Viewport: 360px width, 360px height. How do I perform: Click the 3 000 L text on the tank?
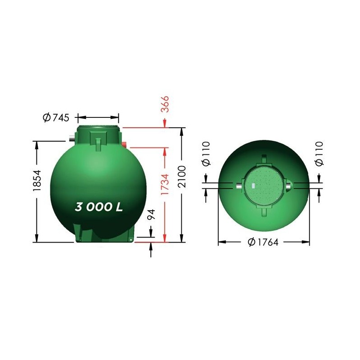[99, 207]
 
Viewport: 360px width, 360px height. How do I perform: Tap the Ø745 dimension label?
[56, 117]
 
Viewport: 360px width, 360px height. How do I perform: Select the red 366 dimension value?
[165, 104]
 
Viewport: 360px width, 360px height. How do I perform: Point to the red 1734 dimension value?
[165, 184]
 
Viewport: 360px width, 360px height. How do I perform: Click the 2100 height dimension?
[182, 176]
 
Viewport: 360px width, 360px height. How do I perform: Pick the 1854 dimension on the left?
[37, 181]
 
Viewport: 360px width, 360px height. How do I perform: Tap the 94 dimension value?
[151, 214]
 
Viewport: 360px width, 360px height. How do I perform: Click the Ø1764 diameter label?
[263, 242]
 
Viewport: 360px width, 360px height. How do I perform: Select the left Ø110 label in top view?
[206, 153]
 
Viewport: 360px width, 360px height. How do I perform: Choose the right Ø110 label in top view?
[319, 153]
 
